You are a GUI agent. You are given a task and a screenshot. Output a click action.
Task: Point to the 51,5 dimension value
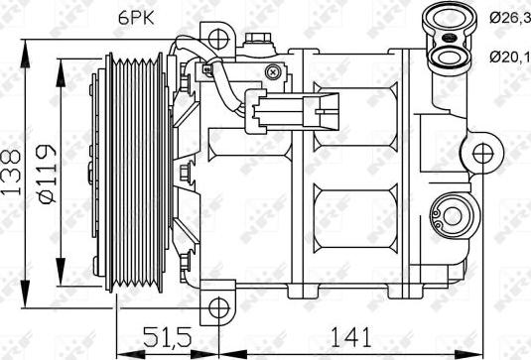[x=166, y=339]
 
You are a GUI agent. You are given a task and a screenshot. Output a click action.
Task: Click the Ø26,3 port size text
[x=507, y=16]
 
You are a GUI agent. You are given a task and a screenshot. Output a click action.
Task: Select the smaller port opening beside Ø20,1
[x=450, y=57]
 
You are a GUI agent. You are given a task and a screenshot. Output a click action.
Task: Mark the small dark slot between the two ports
[x=450, y=39]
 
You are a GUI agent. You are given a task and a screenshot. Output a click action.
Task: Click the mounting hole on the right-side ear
[x=483, y=155]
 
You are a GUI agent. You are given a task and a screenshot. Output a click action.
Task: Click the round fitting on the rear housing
[x=454, y=215]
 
